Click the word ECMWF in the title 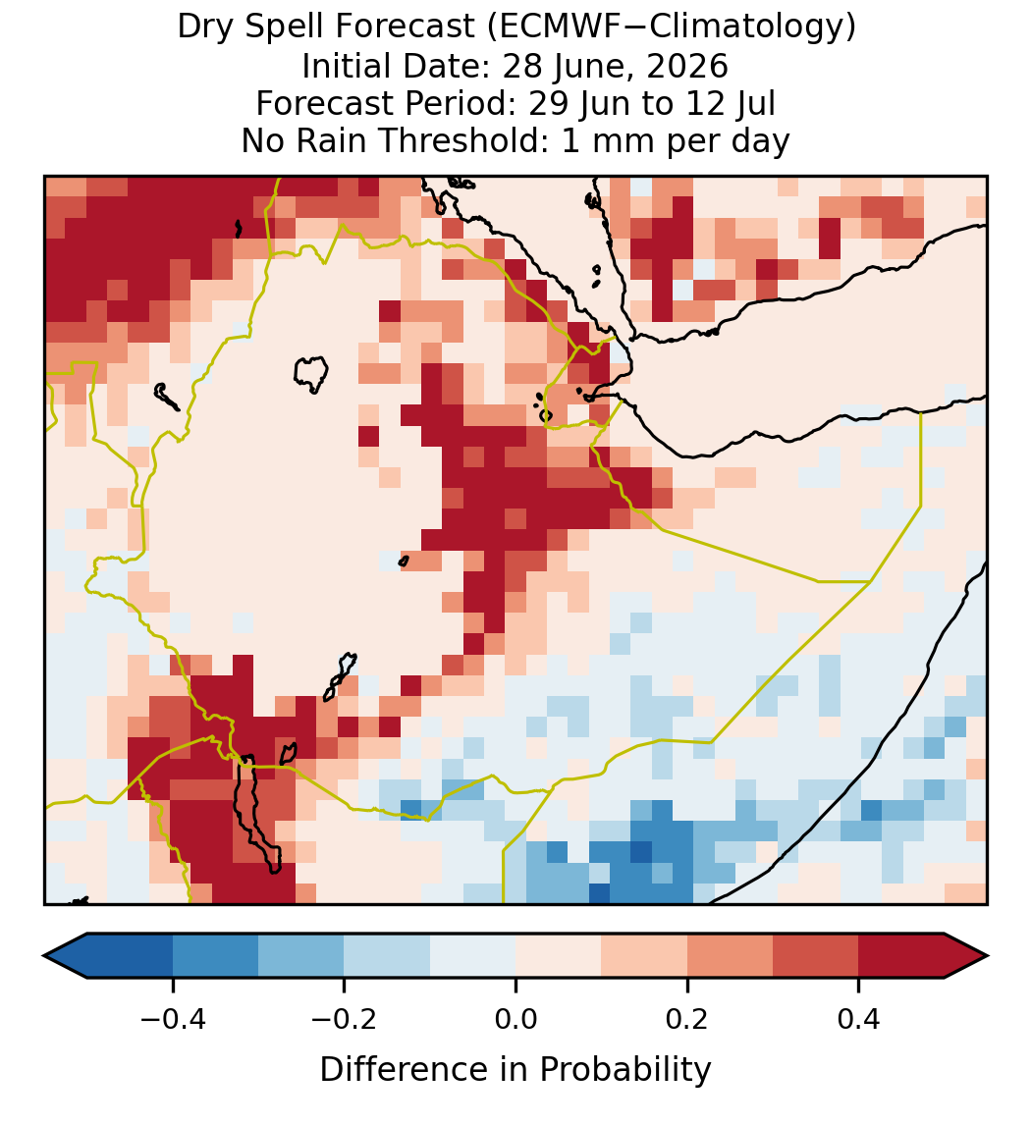click(x=547, y=27)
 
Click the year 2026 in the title click(x=687, y=66)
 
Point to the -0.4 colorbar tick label click(x=173, y=1018)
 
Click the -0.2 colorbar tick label click(x=345, y=1018)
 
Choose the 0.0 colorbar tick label click(x=515, y=1018)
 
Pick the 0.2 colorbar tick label click(x=687, y=1018)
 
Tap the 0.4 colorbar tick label click(x=859, y=1018)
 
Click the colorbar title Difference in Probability click(x=515, y=1070)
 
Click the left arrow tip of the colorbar click(x=44, y=956)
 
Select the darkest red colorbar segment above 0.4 click(x=901, y=956)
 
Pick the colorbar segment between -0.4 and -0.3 click(x=215, y=956)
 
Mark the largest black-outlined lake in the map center click(x=310, y=374)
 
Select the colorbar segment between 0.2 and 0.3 click(x=730, y=956)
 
